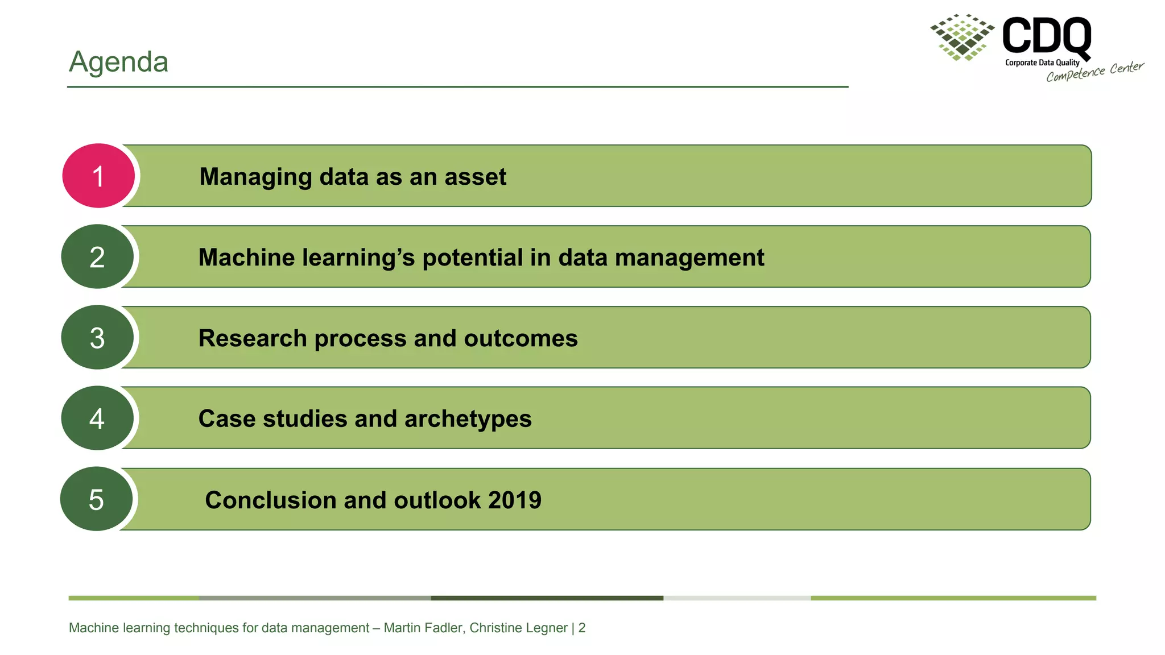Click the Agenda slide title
(x=118, y=61)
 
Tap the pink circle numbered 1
(x=98, y=176)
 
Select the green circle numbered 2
(x=97, y=257)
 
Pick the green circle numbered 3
(x=97, y=338)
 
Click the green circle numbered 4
(x=97, y=418)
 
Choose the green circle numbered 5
(x=96, y=499)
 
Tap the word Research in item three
(x=253, y=338)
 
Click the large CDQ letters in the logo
(x=1046, y=35)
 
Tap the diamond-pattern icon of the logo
(x=962, y=37)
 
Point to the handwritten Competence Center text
(x=1094, y=72)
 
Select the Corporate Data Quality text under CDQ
(x=1042, y=63)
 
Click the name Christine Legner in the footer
(x=518, y=628)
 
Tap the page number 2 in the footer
(x=582, y=628)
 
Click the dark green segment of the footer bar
(x=547, y=598)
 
